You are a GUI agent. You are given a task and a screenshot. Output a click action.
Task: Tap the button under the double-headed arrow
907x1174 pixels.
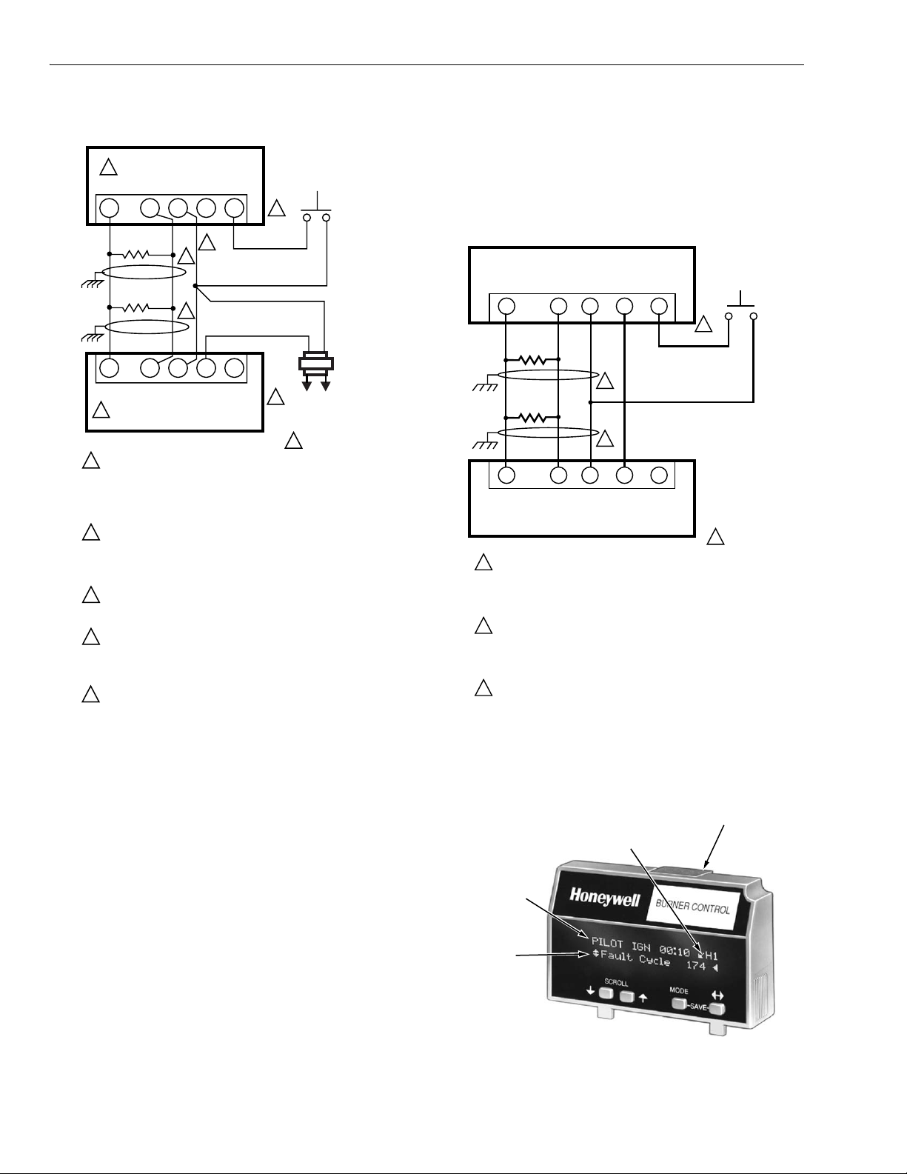click(716, 1009)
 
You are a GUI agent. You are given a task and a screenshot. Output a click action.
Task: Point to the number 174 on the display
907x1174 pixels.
click(696, 966)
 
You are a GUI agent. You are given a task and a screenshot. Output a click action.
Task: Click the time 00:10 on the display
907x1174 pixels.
click(675, 952)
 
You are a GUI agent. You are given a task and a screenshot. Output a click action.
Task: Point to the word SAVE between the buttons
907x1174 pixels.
click(697, 1007)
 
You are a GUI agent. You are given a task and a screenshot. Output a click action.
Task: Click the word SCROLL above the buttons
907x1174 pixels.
click(616, 983)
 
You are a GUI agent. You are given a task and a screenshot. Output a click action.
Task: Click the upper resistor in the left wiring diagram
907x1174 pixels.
click(141, 255)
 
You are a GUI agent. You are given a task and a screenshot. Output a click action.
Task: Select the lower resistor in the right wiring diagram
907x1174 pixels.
click(532, 417)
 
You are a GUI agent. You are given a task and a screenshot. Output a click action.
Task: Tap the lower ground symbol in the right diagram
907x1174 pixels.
click(483, 445)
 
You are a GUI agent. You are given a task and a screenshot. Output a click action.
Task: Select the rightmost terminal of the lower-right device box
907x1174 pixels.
click(659, 475)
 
